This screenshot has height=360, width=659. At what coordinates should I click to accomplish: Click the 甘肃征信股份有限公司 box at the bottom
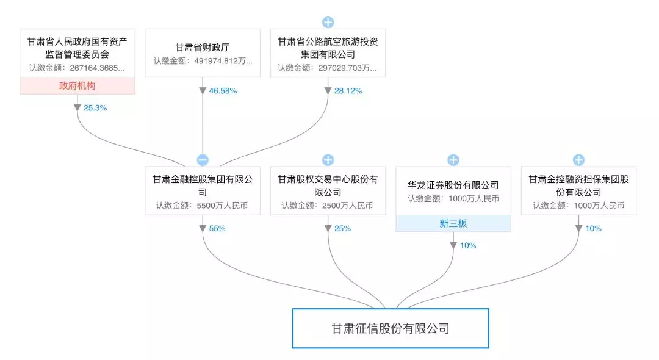pos(391,328)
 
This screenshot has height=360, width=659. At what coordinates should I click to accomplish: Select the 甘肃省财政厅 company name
pos(202,47)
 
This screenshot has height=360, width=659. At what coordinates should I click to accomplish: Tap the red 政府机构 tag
pos(77,86)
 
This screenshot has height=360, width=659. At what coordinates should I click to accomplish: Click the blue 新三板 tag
pos(453,223)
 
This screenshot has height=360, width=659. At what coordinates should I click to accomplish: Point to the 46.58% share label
pos(224,91)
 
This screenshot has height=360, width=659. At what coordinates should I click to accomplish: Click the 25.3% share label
pos(95,107)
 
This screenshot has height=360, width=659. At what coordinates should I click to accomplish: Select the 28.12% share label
pos(349,91)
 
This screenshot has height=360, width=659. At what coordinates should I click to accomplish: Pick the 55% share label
pos(217,228)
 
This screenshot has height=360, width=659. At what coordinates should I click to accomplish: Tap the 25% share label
pos(342,228)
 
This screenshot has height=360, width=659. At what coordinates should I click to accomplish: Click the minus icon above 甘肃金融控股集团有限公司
pos(203,160)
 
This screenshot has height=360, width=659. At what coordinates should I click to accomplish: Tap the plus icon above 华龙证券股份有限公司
pos(453,160)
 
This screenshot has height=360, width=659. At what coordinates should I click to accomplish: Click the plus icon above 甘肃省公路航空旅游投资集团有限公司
pos(328,23)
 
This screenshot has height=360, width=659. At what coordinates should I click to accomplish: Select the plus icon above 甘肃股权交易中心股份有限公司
pos(328,160)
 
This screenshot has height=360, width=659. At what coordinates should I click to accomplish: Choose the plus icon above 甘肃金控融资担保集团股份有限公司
pos(578,160)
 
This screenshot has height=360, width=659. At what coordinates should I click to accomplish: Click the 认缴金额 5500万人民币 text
pos(202,206)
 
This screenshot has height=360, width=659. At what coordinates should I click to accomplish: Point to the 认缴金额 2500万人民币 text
pos(327,206)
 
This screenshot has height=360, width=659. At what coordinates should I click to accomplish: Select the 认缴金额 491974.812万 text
pos(202,62)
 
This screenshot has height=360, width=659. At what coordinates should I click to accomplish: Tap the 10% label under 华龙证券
pos(468,245)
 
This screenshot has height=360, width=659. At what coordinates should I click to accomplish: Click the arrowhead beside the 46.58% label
pos(203,91)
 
